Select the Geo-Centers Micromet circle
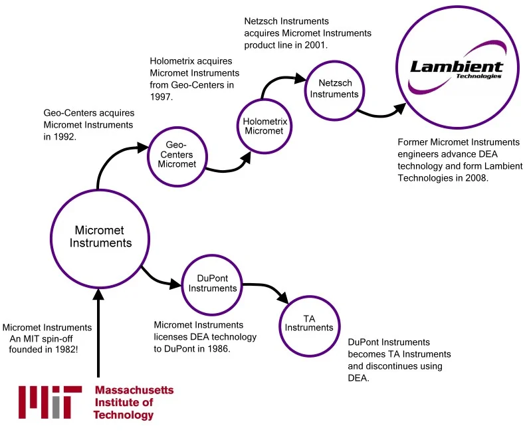176,154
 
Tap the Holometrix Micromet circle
263,126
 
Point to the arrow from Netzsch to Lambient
382,112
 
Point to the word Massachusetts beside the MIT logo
134,390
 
